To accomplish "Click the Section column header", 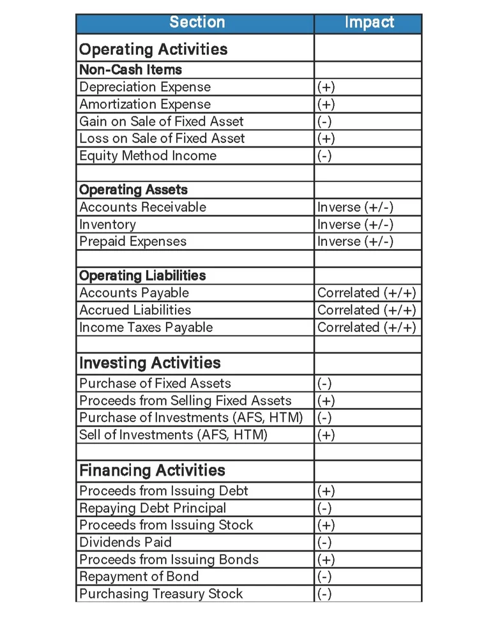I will point(197,23).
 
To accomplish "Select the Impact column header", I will point(369,23).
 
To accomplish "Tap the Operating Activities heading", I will point(153,49).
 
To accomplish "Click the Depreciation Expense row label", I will point(144,87).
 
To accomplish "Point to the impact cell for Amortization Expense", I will point(326,105).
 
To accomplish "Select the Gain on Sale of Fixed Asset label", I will point(161,121).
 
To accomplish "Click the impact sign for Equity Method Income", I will point(324,156).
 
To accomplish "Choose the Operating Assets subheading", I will point(133,190).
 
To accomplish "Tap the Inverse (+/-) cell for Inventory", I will point(355,225).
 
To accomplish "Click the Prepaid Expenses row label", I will point(133,241).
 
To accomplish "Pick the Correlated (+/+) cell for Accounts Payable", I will point(367,293).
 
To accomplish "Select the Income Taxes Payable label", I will point(146,328).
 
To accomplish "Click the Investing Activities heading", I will point(149,363).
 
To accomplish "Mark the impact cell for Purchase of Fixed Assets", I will point(324,384).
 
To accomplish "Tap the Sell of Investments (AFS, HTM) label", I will point(173,435).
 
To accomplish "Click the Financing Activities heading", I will point(152,471).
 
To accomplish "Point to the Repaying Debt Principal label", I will point(153,508).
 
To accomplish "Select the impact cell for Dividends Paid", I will point(324,543).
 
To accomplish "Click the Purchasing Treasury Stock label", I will point(161,594).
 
